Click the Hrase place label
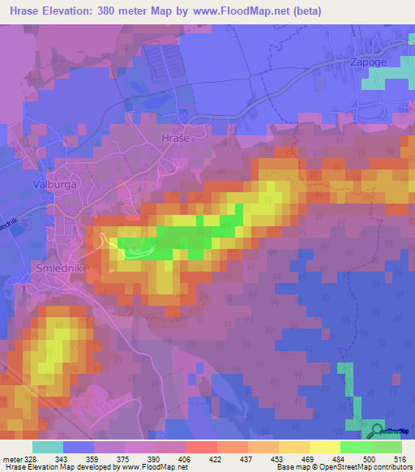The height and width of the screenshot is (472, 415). [x=176, y=139]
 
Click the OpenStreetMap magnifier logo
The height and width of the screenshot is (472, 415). [x=377, y=431]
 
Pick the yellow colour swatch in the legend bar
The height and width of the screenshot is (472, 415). [x=324, y=447]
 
